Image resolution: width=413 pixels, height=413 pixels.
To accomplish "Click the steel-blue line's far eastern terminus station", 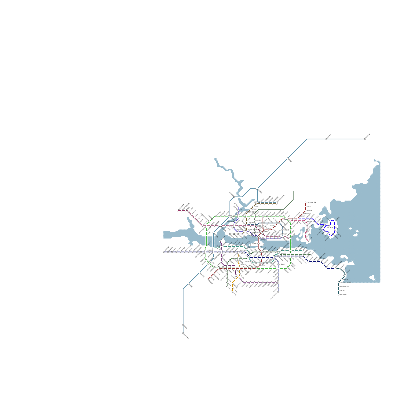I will (365, 139).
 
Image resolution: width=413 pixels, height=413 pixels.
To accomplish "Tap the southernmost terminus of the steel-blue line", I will (183, 333).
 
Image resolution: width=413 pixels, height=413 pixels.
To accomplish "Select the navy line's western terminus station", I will (164, 252).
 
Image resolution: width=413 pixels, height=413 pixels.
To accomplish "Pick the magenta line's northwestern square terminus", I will (178, 211).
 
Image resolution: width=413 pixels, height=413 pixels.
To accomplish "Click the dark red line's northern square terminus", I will (306, 202).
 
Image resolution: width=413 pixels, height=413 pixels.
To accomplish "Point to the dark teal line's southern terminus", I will (339, 295).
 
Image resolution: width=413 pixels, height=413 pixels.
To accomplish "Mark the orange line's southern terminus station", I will (233, 291).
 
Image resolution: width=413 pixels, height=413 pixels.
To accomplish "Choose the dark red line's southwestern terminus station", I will (208, 279).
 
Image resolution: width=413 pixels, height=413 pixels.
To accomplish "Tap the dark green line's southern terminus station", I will (227, 287).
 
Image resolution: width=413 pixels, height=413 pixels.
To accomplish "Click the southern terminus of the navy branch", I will (278, 292).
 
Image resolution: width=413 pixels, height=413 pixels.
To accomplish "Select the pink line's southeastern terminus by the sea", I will (308, 241).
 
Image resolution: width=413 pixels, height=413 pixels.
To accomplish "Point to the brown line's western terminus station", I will (230, 234).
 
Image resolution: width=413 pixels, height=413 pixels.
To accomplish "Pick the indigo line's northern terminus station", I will (238, 206).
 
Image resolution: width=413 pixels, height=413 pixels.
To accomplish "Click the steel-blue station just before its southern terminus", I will (183, 325).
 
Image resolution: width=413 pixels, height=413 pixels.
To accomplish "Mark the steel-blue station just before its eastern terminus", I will (326, 139).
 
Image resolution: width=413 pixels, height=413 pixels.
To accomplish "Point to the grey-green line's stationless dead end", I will (293, 191).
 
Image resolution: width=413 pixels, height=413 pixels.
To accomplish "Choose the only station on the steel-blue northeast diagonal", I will (288, 158).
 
